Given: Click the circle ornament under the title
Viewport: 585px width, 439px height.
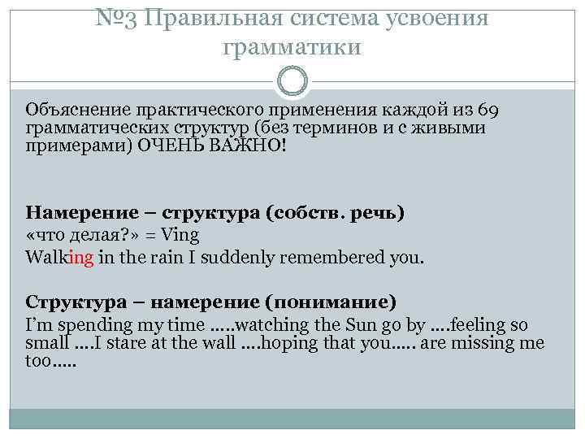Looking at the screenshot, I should pyautogui.click(x=292, y=81).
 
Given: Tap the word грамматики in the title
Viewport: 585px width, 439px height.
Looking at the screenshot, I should pyautogui.click(x=292, y=47).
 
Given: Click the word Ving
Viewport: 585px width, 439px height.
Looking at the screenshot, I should pyautogui.click(x=181, y=236).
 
